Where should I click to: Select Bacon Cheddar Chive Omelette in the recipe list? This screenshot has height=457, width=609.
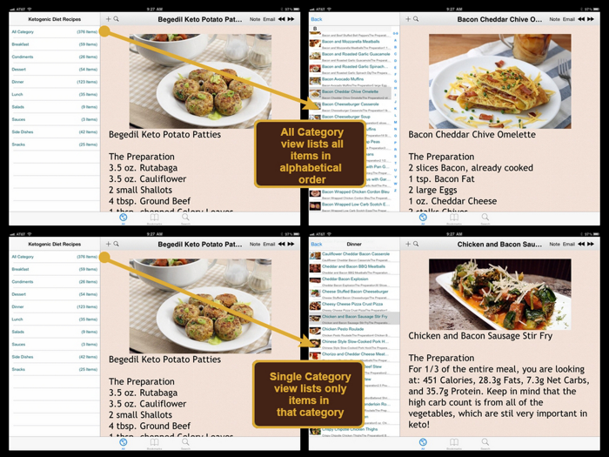coord(351,91)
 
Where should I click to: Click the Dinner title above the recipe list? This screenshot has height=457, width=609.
coord(354,244)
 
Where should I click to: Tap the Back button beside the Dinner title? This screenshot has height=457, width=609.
coord(316,244)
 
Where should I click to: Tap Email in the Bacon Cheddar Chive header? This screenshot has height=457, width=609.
coord(568,18)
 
